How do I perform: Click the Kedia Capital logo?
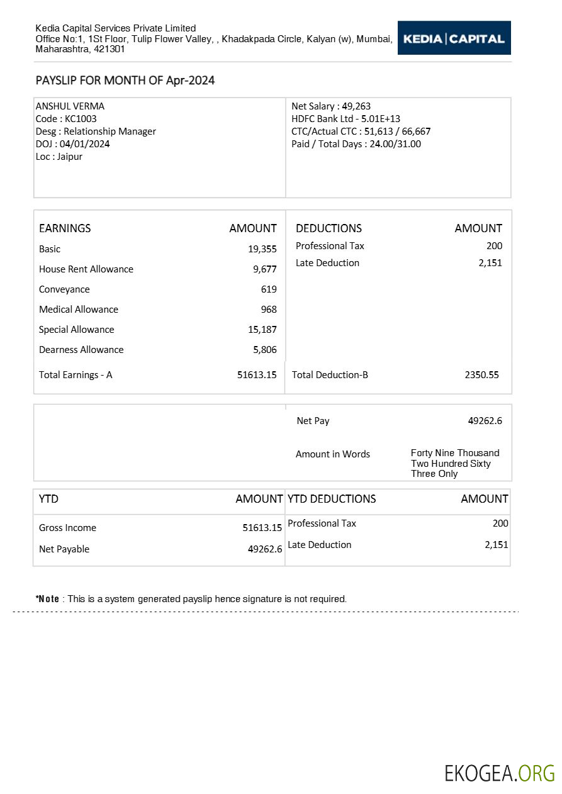(x=454, y=38)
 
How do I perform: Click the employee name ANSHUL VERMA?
(x=70, y=106)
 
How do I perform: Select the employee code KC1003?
(x=81, y=119)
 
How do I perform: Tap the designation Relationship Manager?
(x=110, y=131)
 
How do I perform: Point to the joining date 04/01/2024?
(x=85, y=144)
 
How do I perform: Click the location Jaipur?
(x=69, y=157)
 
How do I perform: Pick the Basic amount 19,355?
(x=262, y=249)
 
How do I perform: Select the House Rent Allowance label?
(x=86, y=269)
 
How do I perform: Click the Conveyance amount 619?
(x=269, y=289)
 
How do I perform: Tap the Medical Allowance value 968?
(x=269, y=310)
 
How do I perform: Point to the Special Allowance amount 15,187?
(x=262, y=330)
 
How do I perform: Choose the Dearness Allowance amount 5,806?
(x=264, y=350)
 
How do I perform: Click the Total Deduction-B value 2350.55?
(x=481, y=375)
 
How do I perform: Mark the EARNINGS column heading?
(x=65, y=228)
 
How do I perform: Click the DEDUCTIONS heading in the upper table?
(x=329, y=228)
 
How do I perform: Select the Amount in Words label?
(x=332, y=454)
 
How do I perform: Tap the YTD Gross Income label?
(x=67, y=528)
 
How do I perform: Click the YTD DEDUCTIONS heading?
(x=332, y=499)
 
